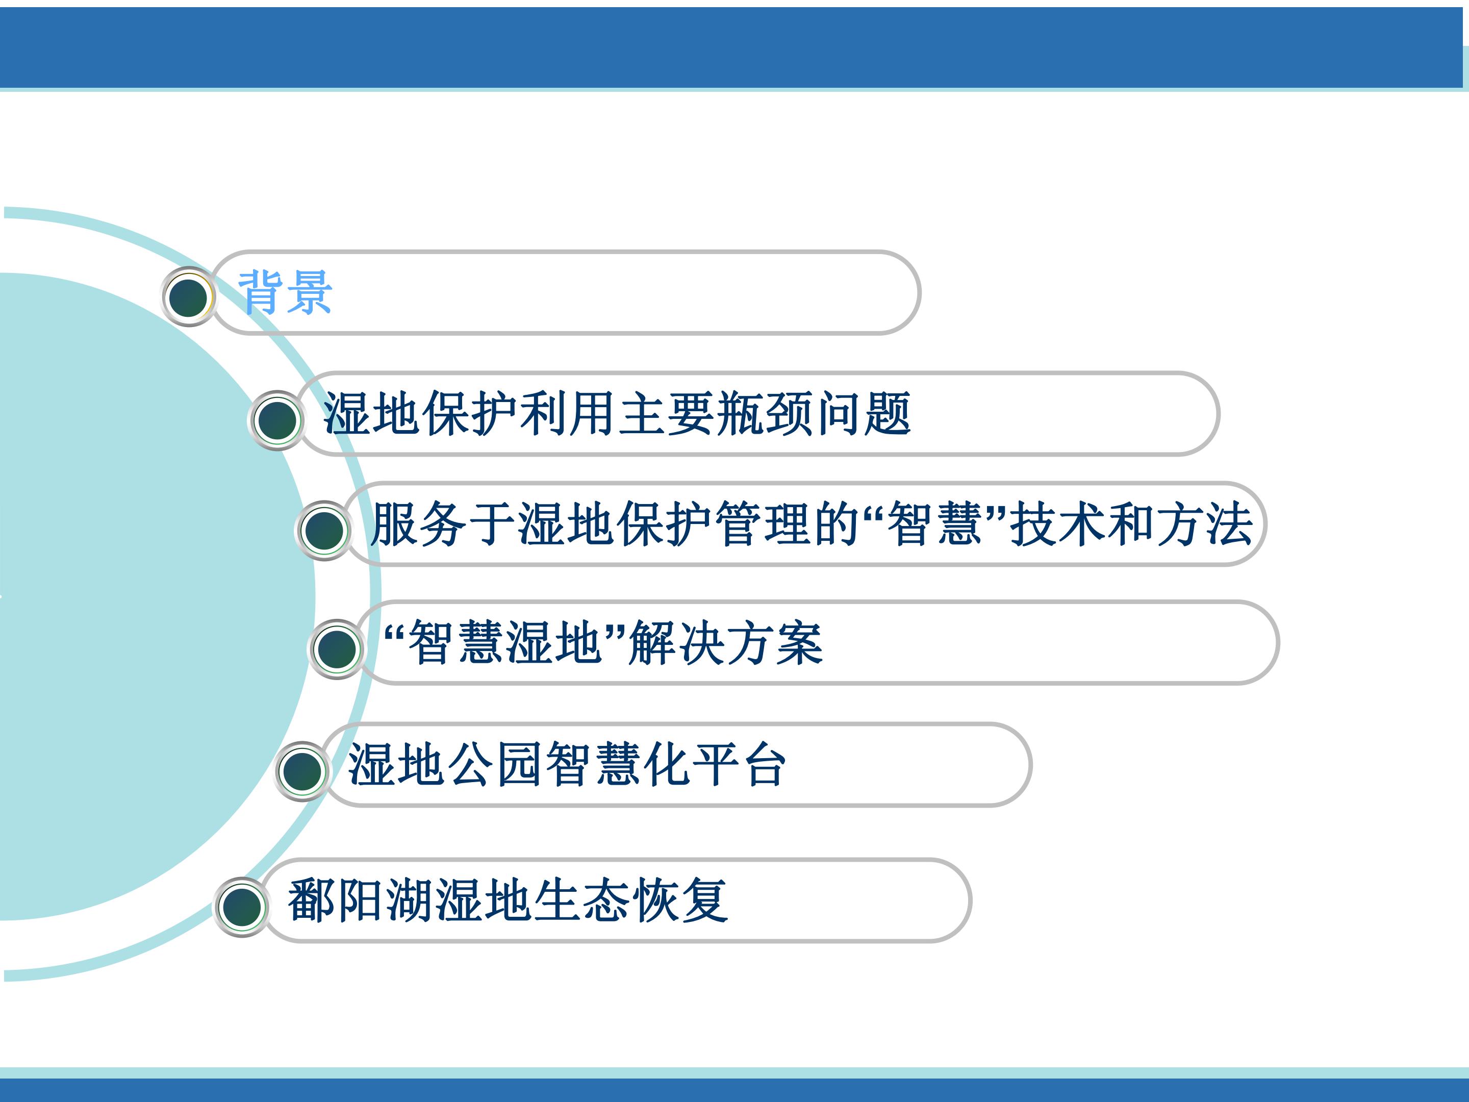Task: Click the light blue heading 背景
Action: coord(285,292)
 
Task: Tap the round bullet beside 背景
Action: coord(189,296)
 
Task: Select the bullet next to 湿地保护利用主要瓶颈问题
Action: coord(277,420)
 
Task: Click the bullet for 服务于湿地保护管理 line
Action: coord(323,530)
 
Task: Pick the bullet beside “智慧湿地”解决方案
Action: coord(336,649)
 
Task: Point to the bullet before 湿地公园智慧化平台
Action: coord(302,771)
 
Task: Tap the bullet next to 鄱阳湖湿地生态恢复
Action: coord(242,908)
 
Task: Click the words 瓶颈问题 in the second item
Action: coord(814,413)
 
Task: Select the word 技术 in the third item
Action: coord(1058,524)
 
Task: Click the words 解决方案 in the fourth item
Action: coord(726,642)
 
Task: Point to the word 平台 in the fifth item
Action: coord(739,765)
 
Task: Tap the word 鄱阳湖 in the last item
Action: coord(361,900)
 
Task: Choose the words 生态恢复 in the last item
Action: coord(631,900)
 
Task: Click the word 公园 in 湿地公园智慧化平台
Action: coord(495,765)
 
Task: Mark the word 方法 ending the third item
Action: coord(1205,524)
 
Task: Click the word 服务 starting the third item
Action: coord(420,524)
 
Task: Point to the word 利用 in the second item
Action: coord(569,413)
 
